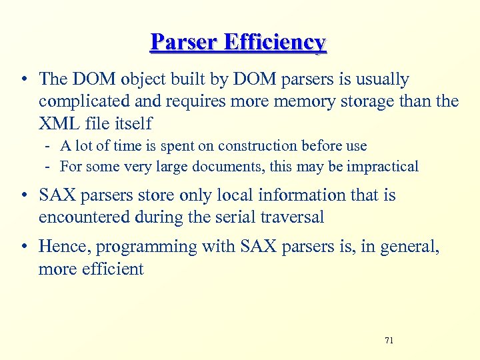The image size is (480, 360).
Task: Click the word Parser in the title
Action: point(183,42)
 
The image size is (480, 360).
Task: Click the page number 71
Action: point(389,341)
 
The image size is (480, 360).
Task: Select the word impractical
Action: point(383,166)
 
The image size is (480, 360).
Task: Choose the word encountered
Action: point(85,217)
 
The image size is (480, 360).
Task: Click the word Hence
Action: point(65,247)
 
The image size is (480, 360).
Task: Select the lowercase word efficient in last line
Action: point(113,269)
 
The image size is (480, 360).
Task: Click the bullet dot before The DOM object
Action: point(24,79)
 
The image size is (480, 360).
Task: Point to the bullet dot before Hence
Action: point(24,247)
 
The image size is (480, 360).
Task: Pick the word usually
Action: point(377,79)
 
